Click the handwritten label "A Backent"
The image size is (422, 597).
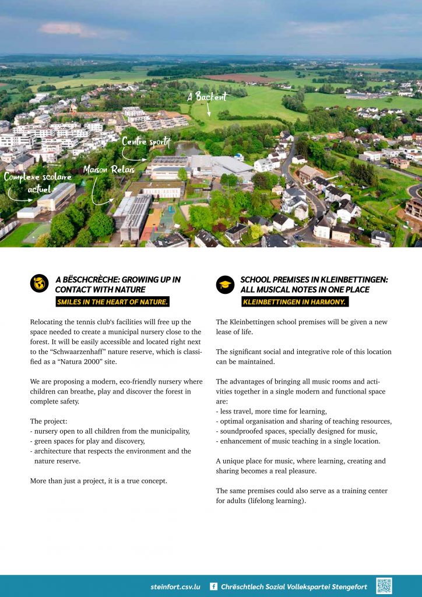(207, 97)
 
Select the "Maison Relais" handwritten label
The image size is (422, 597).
(109, 170)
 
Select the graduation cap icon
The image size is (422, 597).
(225, 284)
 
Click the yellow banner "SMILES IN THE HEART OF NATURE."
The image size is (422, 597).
(112, 301)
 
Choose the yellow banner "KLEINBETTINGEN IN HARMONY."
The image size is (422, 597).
(295, 301)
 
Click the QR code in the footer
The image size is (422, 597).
(384, 586)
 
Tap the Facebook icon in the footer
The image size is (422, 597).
(213, 587)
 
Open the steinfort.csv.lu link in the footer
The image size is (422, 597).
(175, 587)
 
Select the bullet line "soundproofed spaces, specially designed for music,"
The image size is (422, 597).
(299, 431)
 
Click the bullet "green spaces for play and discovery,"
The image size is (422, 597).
(89, 441)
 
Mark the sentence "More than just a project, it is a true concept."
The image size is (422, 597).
(99, 481)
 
